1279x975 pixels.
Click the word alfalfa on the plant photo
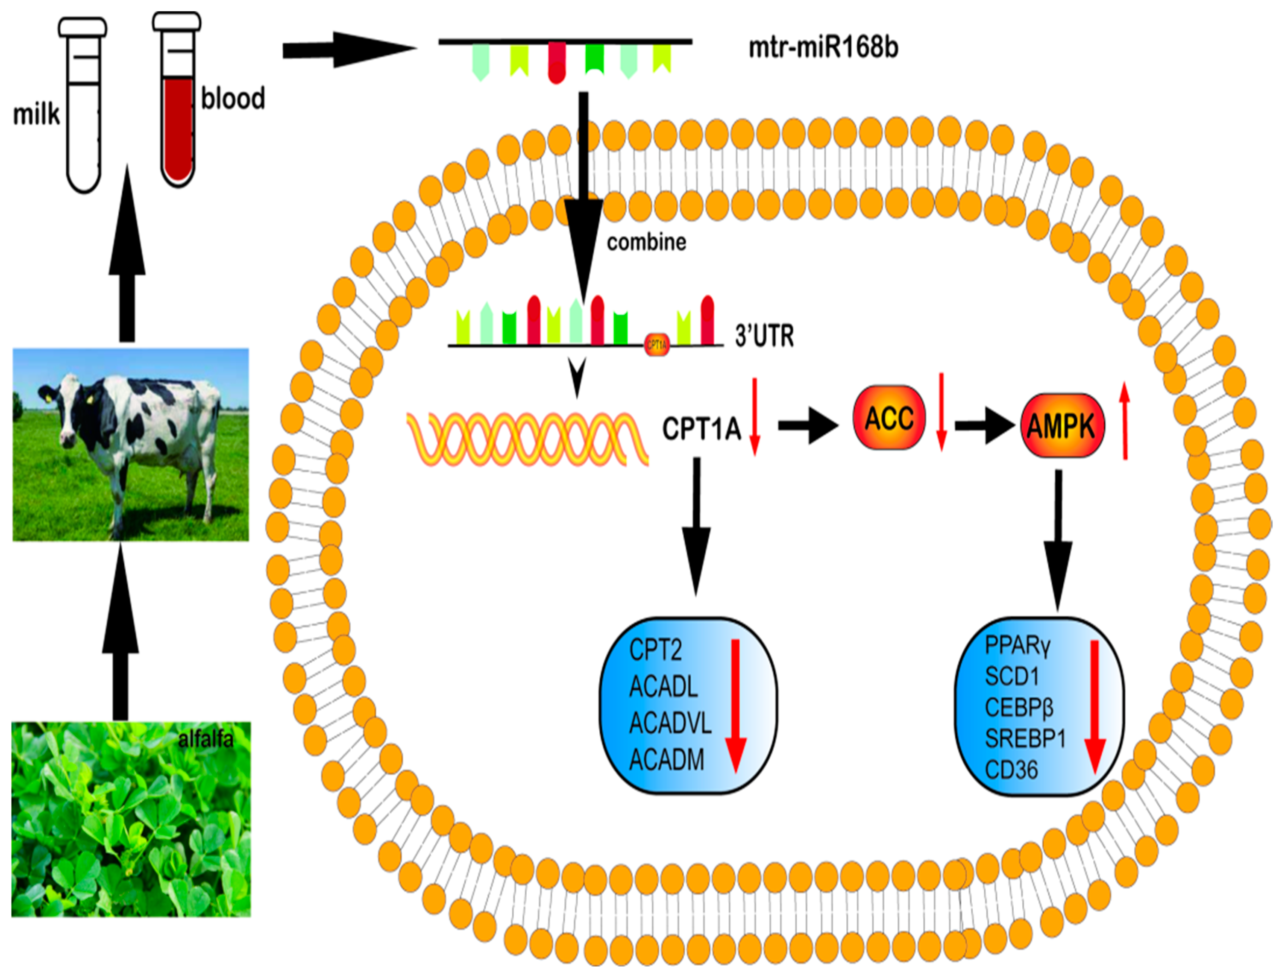pyautogui.click(x=205, y=739)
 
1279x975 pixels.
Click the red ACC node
pyautogui.click(x=889, y=418)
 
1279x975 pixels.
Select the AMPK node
pyautogui.click(x=1062, y=426)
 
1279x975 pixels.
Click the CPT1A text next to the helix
pyautogui.click(x=701, y=429)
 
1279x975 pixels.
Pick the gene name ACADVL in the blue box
pyautogui.click(x=670, y=723)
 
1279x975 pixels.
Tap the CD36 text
pyautogui.click(x=1011, y=770)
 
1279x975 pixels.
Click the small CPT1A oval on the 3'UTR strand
pyautogui.click(x=657, y=345)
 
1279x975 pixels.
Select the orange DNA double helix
pyautogui.click(x=527, y=439)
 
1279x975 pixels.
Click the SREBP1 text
pyautogui.click(x=1025, y=738)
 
